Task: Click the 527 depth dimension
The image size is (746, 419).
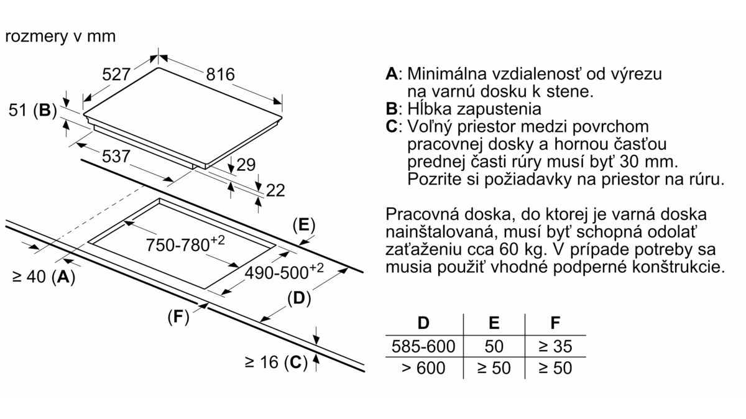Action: click(116, 74)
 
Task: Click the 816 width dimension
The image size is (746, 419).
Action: click(221, 74)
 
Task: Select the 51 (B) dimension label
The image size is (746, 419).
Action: click(32, 110)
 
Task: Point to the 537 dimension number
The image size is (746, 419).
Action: click(116, 157)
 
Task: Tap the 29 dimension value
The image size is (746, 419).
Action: click(246, 165)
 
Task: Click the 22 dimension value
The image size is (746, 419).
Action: click(275, 190)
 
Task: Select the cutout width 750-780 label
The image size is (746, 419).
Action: click(185, 244)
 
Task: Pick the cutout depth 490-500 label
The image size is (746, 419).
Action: click(284, 272)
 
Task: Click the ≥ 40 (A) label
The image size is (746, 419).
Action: click(44, 277)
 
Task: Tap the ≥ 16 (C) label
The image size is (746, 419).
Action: click(276, 362)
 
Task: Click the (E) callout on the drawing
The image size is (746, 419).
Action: click(304, 225)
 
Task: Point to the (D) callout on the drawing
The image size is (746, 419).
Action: click(299, 298)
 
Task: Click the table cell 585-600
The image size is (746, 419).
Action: click(423, 346)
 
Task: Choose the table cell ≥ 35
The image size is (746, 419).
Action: click(555, 346)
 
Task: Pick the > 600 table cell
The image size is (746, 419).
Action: click(423, 368)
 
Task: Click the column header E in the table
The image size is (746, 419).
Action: click(494, 323)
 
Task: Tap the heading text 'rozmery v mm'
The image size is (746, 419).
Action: click(60, 36)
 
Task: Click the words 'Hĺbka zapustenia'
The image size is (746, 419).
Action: click(474, 109)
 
